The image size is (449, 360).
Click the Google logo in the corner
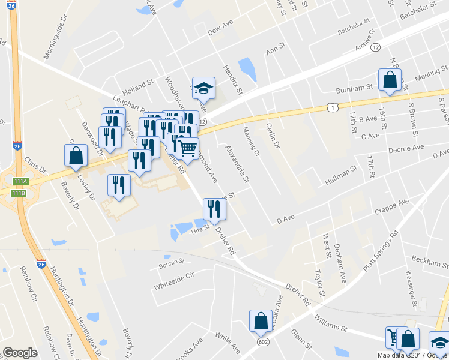(x=20, y=353)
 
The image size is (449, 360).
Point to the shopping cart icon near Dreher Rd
(x=188, y=148)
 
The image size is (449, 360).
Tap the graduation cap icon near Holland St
(x=203, y=88)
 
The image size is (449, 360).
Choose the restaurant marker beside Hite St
(x=214, y=209)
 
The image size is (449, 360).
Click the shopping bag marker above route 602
(x=262, y=320)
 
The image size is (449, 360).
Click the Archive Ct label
(x=364, y=39)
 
